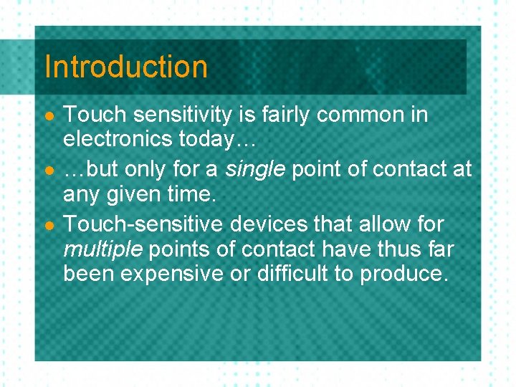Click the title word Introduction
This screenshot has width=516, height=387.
click(x=125, y=67)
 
